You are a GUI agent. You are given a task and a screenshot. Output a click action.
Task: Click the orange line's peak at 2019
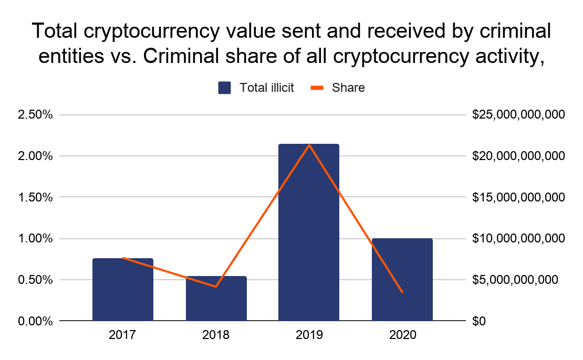pyautogui.click(x=309, y=144)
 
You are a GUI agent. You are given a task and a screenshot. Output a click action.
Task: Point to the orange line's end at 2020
pyautogui.click(x=402, y=292)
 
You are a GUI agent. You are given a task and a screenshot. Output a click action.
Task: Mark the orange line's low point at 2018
pyautogui.click(x=216, y=287)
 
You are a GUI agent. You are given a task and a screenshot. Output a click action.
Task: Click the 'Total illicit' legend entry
pyautogui.click(x=256, y=88)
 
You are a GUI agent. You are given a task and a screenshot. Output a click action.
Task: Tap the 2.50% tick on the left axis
pyautogui.click(x=35, y=114)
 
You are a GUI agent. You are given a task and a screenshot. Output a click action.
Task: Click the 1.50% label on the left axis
pyautogui.click(x=35, y=197)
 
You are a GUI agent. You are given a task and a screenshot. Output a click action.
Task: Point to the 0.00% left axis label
pyautogui.click(x=35, y=321)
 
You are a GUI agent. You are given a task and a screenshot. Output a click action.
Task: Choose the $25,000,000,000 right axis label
pyautogui.click(x=518, y=114)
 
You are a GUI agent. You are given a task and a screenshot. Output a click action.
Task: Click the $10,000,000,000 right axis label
pyautogui.click(x=518, y=238)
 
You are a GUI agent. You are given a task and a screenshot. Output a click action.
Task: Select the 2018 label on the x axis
pyautogui.click(x=216, y=335)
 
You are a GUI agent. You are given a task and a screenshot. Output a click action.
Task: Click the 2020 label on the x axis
pyautogui.click(x=402, y=335)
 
